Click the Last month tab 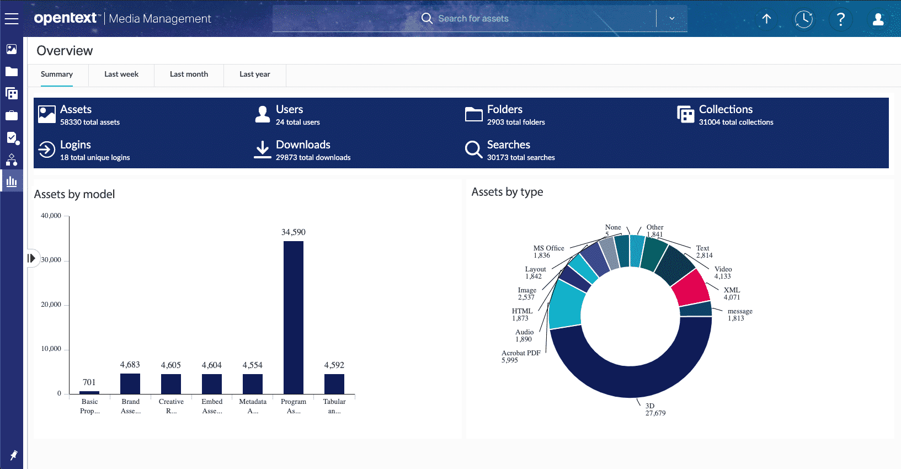point(189,74)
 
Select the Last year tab point(254,74)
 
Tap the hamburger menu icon point(12,19)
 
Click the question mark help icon point(840,19)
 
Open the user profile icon point(878,19)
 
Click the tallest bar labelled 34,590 point(293,317)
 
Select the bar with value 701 point(89,392)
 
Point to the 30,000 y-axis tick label point(51,260)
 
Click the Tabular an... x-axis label point(334,406)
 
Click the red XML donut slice point(691,287)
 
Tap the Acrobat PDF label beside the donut point(521,353)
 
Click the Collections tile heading point(726,109)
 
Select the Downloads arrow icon point(263,149)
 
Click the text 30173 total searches point(521,158)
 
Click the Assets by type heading point(507,192)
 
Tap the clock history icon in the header point(803,19)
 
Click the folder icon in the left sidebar point(12,72)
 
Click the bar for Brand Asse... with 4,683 point(130,383)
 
